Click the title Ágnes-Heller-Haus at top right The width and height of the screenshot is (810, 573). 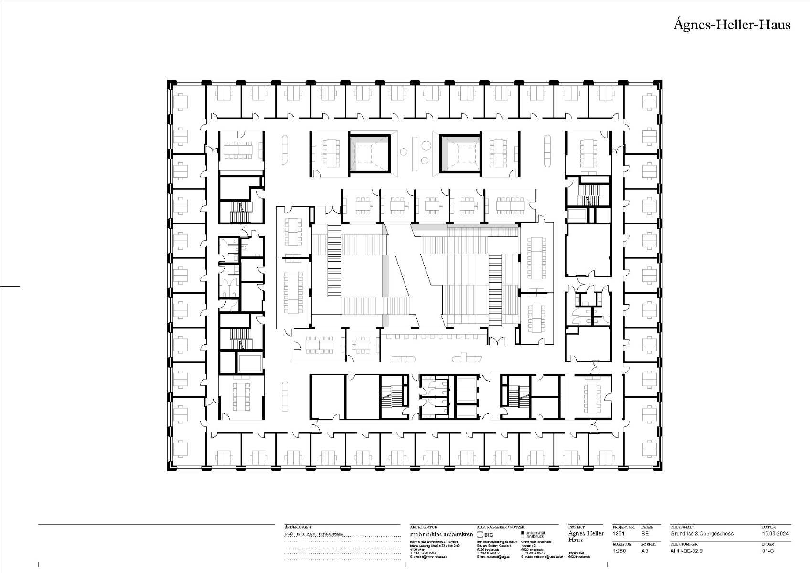pyautogui.click(x=732, y=25)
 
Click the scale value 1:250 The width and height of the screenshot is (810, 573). pyautogui.click(x=619, y=551)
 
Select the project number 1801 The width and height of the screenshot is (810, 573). pyautogui.click(x=618, y=533)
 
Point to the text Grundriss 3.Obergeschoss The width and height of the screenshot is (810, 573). pyautogui.click(x=702, y=533)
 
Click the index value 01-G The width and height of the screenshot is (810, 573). pyautogui.click(x=768, y=551)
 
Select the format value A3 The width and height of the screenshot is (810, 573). pyautogui.click(x=644, y=551)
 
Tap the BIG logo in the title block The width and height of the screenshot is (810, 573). pyautogui.click(x=486, y=535)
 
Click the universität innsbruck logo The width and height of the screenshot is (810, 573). pyautogui.click(x=533, y=534)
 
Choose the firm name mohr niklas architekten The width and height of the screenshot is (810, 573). pyautogui.click(x=441, y=534)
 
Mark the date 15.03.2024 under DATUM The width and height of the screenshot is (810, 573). pyautogui.click(x=775, y=533)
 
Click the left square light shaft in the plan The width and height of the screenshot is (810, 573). pyautogui.click(x=370, y=153)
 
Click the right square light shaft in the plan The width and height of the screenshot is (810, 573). pyautogui.click(x=459, y=153)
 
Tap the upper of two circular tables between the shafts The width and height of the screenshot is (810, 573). pyautogui.click(x=404, y=152)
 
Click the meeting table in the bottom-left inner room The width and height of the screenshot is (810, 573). pyautogui.click(x=241, y=397)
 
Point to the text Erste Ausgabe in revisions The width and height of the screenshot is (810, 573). pyautogui.click(x=330, y=534)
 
